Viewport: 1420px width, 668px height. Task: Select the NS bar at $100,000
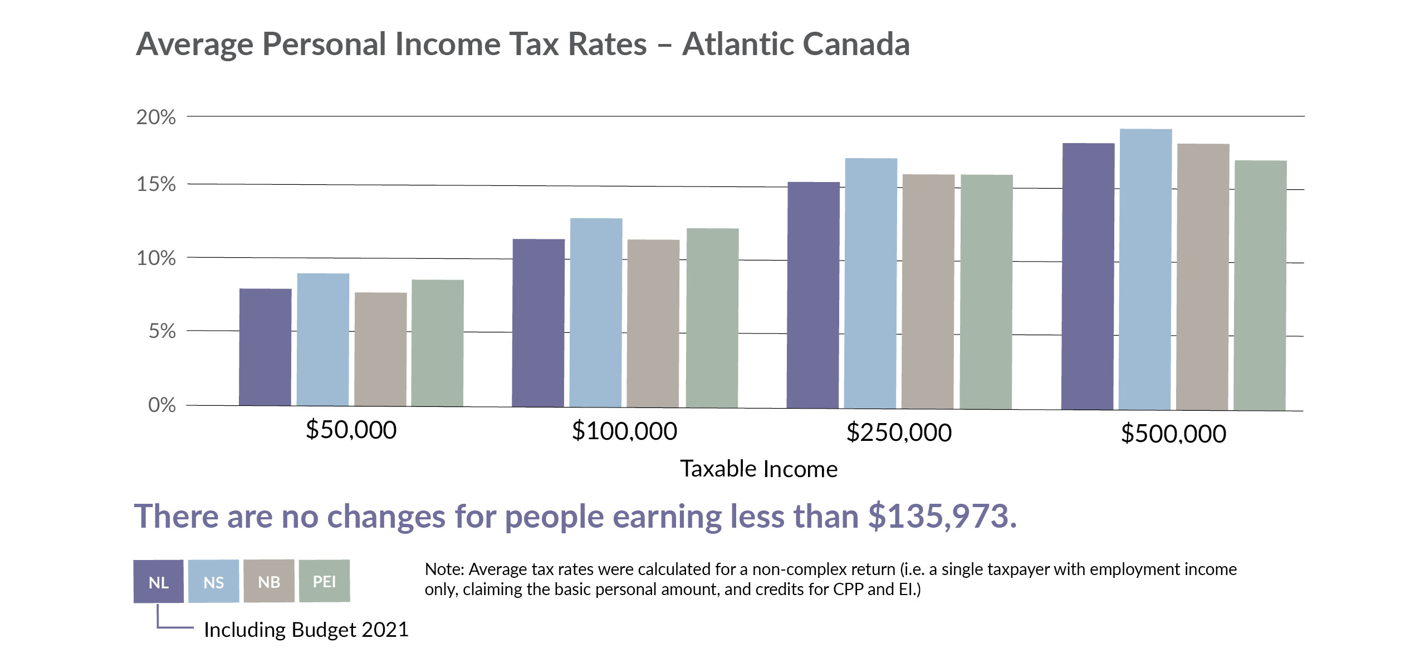point(596,312)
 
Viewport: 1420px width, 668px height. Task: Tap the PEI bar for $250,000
point(986,292)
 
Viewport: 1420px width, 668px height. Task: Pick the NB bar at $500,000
point(1203,277)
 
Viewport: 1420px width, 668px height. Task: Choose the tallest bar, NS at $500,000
point(1145,269)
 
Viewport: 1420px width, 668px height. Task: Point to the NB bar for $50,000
point(380,349)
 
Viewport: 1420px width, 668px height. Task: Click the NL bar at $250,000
point(813,295)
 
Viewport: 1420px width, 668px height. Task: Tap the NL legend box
point(159,582)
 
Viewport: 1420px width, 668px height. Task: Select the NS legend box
point(214,582)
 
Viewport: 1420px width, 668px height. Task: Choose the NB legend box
point(269,582)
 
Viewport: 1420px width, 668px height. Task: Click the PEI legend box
point(324,581)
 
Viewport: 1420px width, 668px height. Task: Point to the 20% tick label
point(156,117)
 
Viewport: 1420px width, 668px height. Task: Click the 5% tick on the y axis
point(162,331)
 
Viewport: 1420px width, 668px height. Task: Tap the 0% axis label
point(162,405)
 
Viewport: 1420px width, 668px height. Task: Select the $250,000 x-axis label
point(899,433)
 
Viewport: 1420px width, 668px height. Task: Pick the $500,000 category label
point(1173,434)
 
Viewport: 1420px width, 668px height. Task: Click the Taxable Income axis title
point(758,469)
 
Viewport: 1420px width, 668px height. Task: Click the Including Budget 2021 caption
point(306,630)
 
